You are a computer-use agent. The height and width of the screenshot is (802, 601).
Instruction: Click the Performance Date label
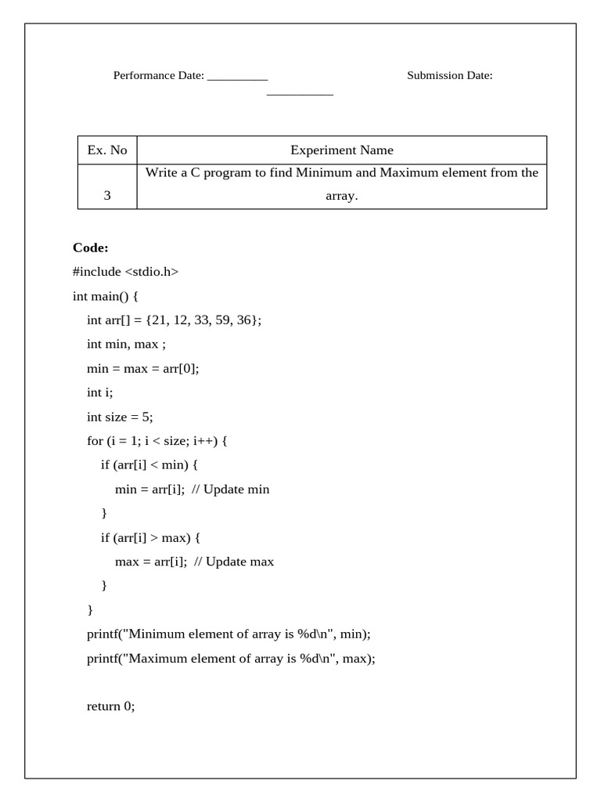pos(159,75)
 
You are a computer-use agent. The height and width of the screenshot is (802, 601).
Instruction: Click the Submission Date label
pos(449,75)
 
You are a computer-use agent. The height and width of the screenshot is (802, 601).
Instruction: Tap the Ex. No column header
pos(107,150)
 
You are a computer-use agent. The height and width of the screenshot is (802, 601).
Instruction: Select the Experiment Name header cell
pos(342,150)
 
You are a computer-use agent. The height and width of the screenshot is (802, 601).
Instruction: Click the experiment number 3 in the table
pos(107,196)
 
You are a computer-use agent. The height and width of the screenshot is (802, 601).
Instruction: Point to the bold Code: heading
pos(91,247)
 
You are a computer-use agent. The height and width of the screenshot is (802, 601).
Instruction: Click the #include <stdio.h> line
pos(125,272)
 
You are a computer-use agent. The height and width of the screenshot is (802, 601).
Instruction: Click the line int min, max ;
pos(126,344)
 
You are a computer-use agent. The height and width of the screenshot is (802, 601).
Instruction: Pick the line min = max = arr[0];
pos(143,368)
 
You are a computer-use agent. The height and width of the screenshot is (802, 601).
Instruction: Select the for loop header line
pos(157,441)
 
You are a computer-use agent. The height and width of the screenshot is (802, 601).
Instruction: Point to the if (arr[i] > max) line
pos(151,537)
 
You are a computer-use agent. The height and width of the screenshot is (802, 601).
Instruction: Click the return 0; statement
pos(111,706)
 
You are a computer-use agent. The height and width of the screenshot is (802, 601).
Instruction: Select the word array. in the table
pos(342,196)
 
